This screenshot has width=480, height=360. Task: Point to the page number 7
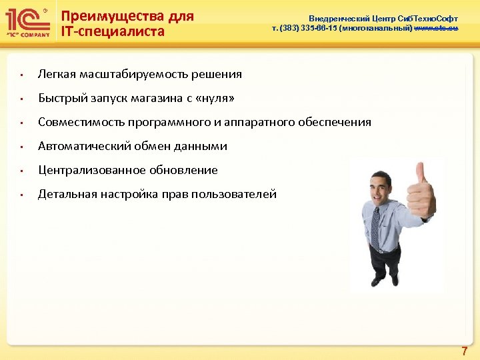tap(465, 349)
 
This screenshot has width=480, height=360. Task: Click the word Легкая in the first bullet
tap(56, 74)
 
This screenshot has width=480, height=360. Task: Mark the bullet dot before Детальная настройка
tap(21, 195)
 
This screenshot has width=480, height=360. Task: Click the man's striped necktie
tap(375, 227)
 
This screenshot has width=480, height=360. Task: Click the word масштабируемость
tap(133, 74)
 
